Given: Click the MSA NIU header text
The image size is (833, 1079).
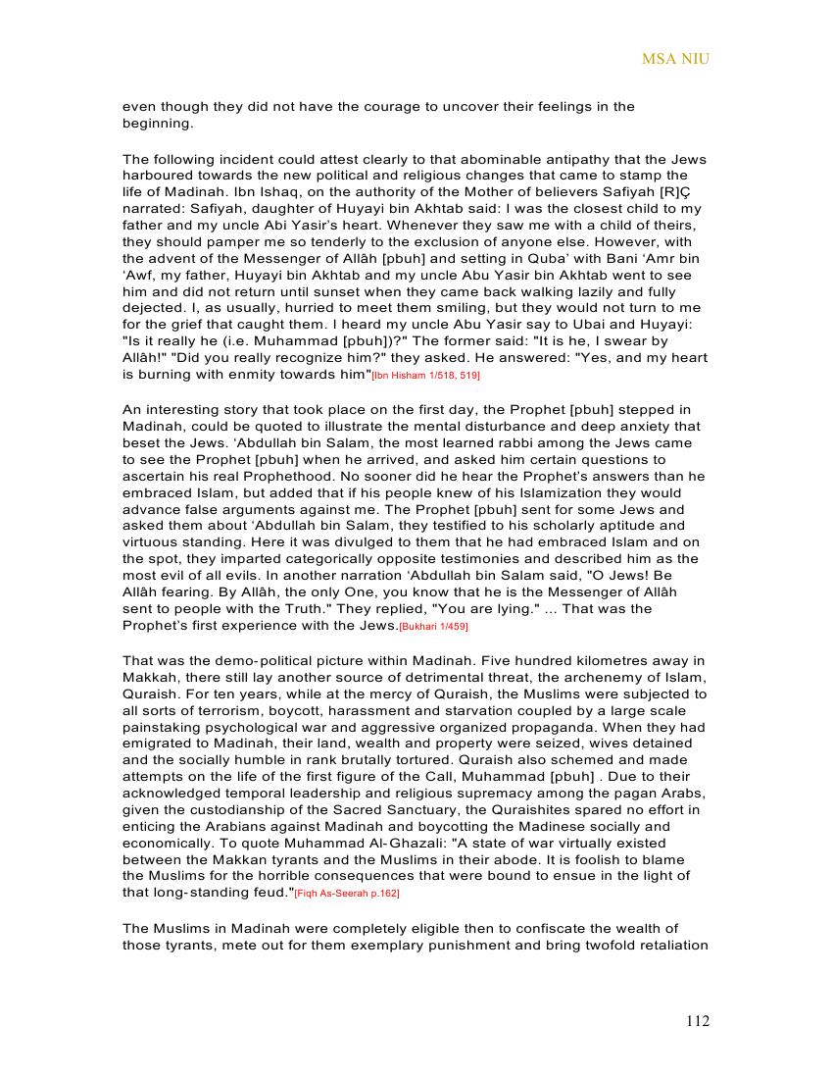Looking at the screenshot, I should coord(675,59).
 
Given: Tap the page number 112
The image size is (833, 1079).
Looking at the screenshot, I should coord(697,1021).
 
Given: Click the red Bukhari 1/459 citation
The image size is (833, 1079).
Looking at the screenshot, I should coord(440,626).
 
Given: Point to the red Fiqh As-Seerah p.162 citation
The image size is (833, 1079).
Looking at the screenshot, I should coord(347,893).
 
